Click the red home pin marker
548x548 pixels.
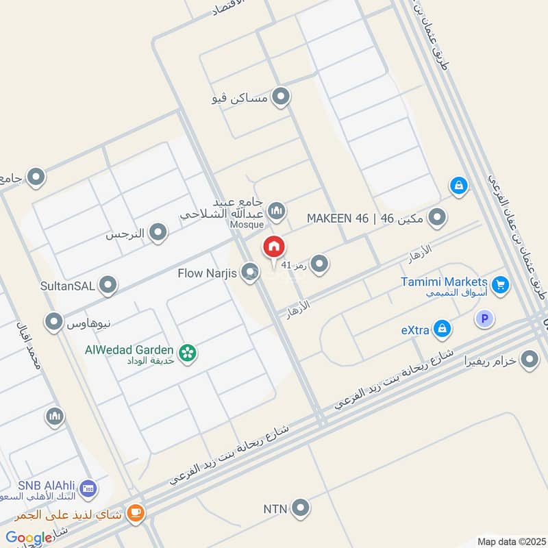[273, 247]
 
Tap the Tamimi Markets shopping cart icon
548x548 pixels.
[501, 284]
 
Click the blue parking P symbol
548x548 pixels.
[484, 319]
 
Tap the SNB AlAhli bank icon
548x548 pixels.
[87, 488]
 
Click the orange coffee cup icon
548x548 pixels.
[136, 513]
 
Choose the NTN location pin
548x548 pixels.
[299, 508]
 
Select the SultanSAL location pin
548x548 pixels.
[108, 285]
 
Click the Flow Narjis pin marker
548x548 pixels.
[250, 273]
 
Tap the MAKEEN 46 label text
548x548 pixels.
[338, 219]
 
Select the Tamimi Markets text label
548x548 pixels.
[445, 282]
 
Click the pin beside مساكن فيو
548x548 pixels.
[280, 97]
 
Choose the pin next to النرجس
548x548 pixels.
[158, 233]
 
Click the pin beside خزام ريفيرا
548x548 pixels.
[529, 358]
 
